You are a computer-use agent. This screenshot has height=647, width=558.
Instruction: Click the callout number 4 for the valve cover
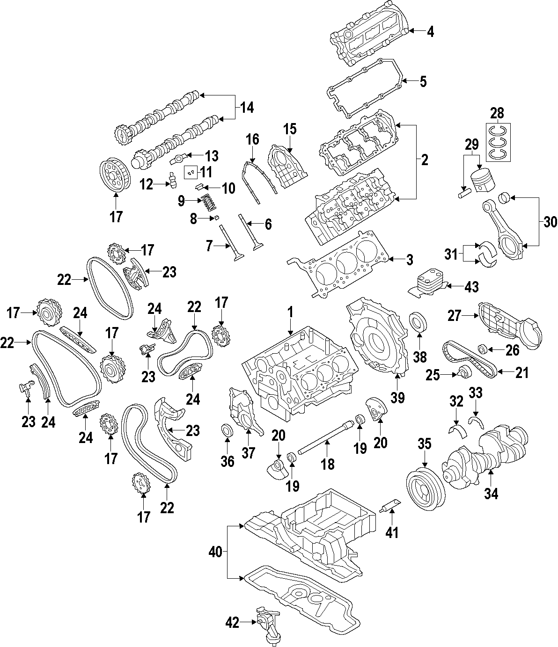430,32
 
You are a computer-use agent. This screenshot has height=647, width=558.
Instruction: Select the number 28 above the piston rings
497,113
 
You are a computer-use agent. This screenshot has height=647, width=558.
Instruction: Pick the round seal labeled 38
418,323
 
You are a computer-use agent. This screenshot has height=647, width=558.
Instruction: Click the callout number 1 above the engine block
290,312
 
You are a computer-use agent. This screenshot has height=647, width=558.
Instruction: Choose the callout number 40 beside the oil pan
216,552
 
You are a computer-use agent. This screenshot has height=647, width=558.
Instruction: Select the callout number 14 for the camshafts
247,108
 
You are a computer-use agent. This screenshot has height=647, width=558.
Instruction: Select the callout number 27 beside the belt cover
455,316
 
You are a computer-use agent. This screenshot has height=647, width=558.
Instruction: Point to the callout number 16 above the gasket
252,139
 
